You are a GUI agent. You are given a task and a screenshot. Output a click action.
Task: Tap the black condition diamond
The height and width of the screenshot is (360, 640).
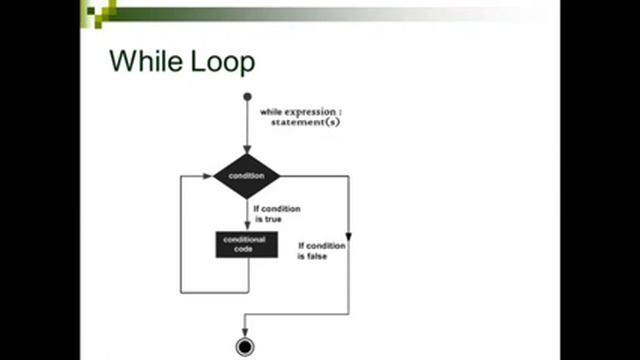point(246,176)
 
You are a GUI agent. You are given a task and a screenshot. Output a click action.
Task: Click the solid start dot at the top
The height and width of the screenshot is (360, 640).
point(247,97)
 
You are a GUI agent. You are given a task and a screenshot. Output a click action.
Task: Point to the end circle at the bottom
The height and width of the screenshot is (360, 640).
point(245,347)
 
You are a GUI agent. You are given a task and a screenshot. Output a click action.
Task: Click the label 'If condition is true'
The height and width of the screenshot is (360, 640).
point(276,213)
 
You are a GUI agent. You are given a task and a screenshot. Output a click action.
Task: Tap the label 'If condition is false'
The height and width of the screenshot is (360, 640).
point(321,250)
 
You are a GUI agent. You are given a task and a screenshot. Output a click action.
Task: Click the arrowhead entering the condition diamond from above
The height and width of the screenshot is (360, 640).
point(247,150)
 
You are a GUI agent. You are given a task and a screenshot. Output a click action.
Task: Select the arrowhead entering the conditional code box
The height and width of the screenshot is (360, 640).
point(247,226)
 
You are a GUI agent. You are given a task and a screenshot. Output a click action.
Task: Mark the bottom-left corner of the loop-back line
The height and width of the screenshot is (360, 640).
point(181,292)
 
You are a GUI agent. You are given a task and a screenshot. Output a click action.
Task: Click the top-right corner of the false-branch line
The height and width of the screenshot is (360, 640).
point(349,176)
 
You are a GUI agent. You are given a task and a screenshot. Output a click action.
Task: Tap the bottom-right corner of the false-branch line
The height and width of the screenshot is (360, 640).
point(349,313)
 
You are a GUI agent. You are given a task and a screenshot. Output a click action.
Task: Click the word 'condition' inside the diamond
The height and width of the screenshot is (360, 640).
point(246,176)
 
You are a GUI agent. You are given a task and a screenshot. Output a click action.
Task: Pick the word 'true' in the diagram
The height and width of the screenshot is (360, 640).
point(273,218)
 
